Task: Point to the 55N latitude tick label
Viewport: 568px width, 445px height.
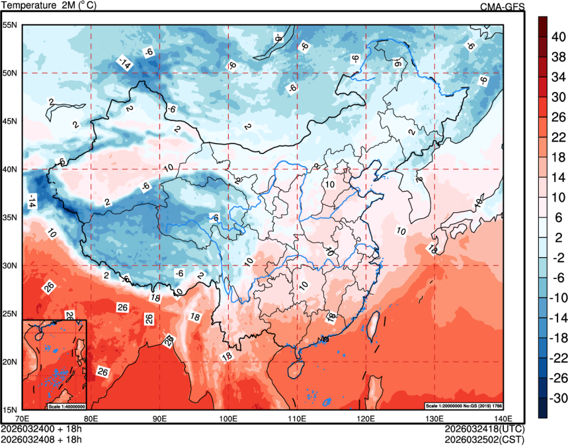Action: [x=11, y=25]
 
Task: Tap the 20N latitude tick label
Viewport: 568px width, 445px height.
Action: [x=11, y=362]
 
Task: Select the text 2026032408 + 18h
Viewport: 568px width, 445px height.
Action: [x=41, y=439]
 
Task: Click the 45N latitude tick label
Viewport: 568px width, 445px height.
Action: [x=11, y=121]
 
